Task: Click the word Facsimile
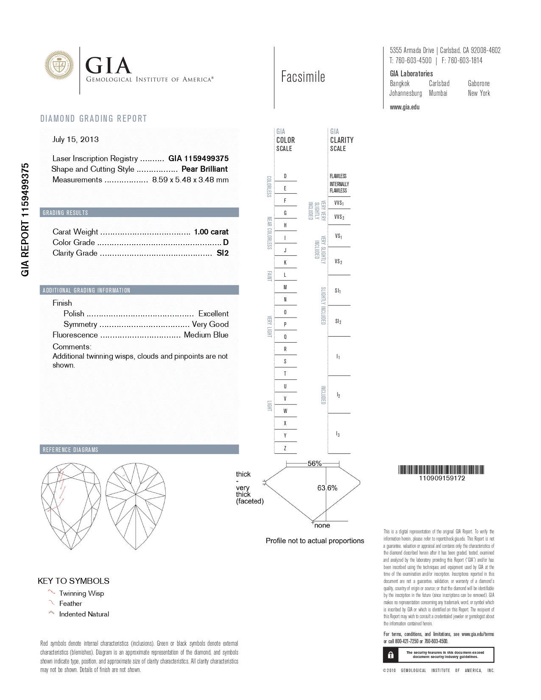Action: click(303, 77)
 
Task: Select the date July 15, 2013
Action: click(75, 139)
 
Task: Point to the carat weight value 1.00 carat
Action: click(211, 232)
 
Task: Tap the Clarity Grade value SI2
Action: click(223, 253)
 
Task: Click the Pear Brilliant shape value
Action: click(204, 169)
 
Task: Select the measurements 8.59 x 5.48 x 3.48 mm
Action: click(190, 180)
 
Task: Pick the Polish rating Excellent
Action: click(213, 314)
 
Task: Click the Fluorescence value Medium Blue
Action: click(206, 335)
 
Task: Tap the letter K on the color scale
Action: click(285, 262)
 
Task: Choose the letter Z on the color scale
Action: click(285, 448)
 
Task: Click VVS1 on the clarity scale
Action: click(339, 204)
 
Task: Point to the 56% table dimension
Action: click(315, 463)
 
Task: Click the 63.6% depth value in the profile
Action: click(327, 488)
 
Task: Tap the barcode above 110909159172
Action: click(441, 469)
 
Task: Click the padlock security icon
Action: click(390, 655)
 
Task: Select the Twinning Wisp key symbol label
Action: click(81, 594)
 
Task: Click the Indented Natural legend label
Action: click(84, 614)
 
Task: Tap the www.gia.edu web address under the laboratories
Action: click(404, 107)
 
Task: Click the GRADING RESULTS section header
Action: click(65, 213)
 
